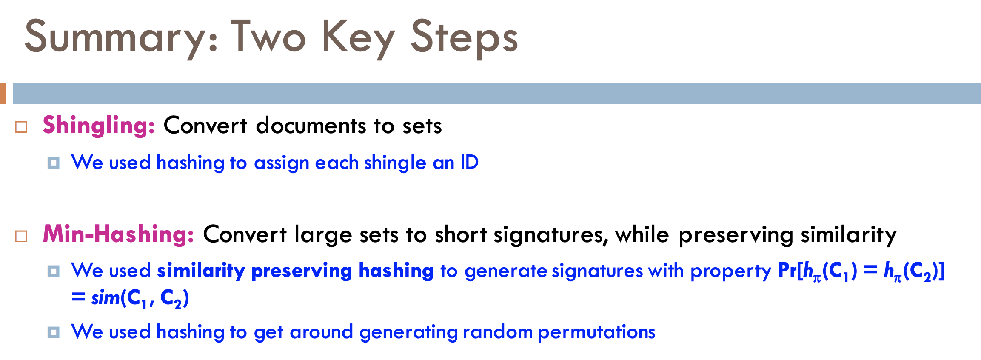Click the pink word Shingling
(x=99, y=126)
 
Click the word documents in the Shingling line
(x=311, y=126)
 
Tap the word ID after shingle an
(x=470, y=162)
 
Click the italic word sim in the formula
(x=106, y=297)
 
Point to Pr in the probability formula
(x=787, y=270)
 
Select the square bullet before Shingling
(x=21, y=127)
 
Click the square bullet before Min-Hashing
(x=21, y=236)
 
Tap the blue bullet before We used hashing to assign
(x=54, y=163)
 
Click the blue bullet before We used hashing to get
(x=54, y=332)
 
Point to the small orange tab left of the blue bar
(x=3, y=94)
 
